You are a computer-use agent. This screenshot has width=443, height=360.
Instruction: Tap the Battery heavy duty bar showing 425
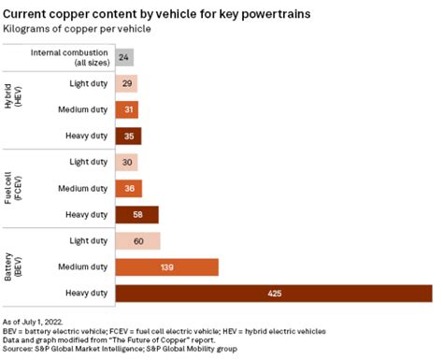(x=275, y=294)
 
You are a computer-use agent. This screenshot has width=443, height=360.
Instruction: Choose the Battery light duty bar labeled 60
(x=139, y=241)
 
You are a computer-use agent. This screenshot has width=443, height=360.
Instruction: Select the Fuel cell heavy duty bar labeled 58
(x=138, y=214)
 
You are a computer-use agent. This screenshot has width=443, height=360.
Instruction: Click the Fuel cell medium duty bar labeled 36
(x=131, y=188)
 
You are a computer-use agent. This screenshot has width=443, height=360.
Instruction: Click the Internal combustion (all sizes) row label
(x=79, y=57)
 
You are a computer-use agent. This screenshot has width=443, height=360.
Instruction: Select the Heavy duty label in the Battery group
(x=85, y=294)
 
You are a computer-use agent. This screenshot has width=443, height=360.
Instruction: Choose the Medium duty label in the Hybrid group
(x=82, y=109)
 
